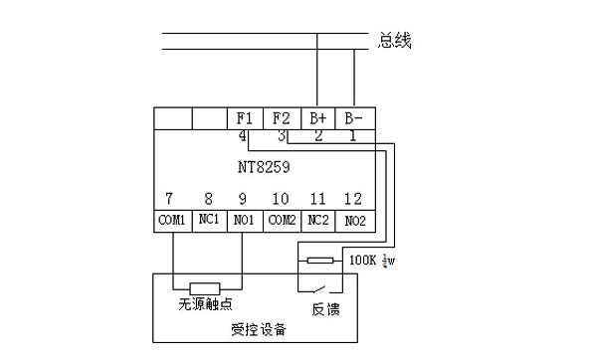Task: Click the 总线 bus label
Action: (395, 41)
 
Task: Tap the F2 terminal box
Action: (283, 117)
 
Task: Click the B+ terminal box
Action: (318, 117)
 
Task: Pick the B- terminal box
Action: (354, 117)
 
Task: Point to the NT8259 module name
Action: (263, 168)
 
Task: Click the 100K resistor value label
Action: (364, 261)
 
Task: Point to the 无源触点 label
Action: (208, 303)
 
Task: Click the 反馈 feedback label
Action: (326, 309)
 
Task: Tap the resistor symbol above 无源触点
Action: (207, 287)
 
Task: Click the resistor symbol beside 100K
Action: (320, 261)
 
